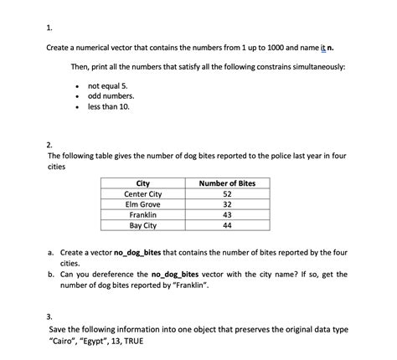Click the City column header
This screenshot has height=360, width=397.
click(142, 183)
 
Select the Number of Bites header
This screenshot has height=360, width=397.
click(227, 183)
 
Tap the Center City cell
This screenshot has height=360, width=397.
click(142, 194)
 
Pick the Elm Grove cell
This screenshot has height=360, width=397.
click(142, 205)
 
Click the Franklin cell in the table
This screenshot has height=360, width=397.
click(142, 215)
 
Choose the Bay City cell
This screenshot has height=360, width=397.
click(142, 226)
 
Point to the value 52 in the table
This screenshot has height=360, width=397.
click(227, 194)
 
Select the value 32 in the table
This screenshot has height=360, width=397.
click(227, 205)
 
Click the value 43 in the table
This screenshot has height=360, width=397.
click(227, 215)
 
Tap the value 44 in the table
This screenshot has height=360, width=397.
click(227, 226)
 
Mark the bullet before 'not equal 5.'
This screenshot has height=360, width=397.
click(77, 85)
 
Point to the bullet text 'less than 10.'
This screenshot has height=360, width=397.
click(109, 106)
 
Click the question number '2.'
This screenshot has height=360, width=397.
click(51, 144)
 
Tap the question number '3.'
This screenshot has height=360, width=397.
click(51, 317)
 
